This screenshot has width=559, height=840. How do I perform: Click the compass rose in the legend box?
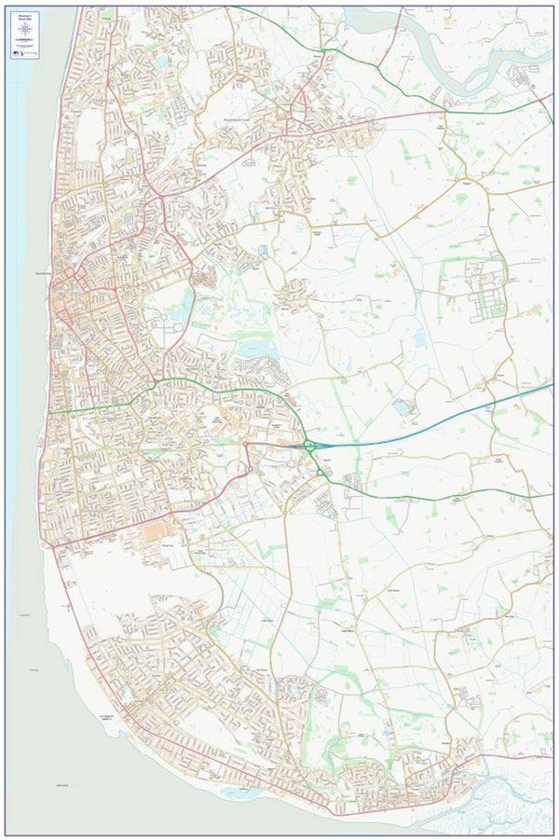[x=24, y=30]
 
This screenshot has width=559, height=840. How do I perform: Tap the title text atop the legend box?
[x=24, y=15]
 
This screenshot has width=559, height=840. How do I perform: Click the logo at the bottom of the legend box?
[x=25, y=53]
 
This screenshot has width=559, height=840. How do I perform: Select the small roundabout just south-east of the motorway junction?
[x=320, y=473]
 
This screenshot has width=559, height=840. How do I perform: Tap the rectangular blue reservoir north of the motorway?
[x=402, y=406]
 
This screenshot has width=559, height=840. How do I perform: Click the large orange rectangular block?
[x=153, y=532]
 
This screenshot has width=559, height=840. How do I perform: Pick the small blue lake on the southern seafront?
[x=239, y=792]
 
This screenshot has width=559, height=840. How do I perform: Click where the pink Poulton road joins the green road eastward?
[x=446, y=113]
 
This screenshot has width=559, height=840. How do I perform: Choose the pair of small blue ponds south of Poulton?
[x=263, y=251]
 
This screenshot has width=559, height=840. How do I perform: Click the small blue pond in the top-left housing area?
[x=162, y=62]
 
